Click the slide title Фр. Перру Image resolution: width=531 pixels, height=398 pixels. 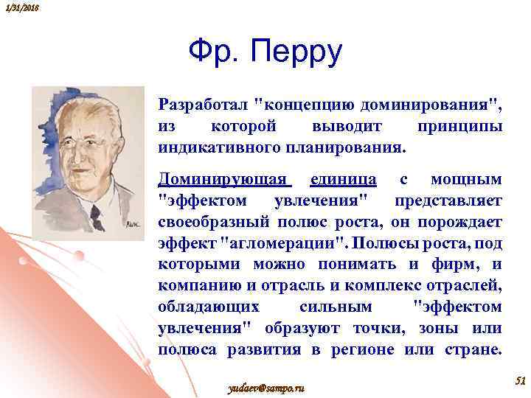coord(265,52)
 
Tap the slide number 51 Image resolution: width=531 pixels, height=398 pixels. coord(518,380)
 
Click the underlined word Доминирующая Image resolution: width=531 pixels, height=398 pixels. coord(224,179)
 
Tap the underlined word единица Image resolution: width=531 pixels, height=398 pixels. coord(344,179)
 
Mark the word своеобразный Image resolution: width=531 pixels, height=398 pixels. coord(213,222)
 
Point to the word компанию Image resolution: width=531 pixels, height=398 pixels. coord(192,285)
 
